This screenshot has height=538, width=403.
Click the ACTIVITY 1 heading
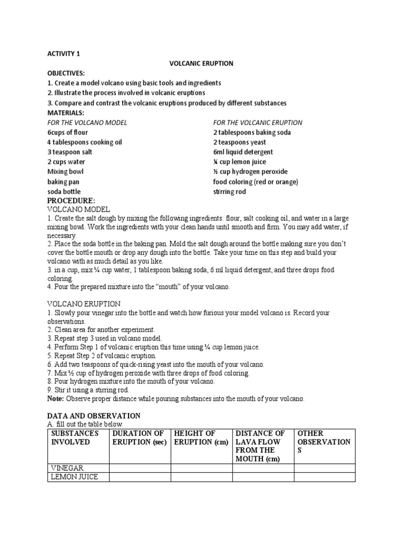pyautogui.click(x=63, y=53)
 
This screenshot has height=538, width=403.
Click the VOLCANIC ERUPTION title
pyautogui.click(x=201, y=63)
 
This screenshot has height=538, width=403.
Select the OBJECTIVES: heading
pyautogui.click(x=66, y=73)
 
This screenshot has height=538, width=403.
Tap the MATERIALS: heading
pyautogui.click(x=66, y=112)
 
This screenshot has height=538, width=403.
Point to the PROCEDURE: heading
pyautogui.click(x=71, y=201)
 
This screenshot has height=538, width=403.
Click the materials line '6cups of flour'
pyautogui.click(x=68, y=132)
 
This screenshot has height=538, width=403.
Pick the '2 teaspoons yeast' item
pyautogui.click(x=239, y=142)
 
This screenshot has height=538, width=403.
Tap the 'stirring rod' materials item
pyautogui.click(x=229, y=192)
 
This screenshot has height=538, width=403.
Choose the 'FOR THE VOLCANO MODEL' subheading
pyautogui.click(x=87, y=122)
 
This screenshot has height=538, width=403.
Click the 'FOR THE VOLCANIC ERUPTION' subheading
pyautogui.click(x=258, y=122)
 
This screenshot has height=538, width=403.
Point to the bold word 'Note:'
pyautogui.click(x=56, y=399)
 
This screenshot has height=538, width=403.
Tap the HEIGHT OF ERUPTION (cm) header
pyautogui.click(x=201, y=437)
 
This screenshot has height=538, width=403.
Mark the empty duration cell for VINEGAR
pyautogui.click(x=140, y=468)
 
